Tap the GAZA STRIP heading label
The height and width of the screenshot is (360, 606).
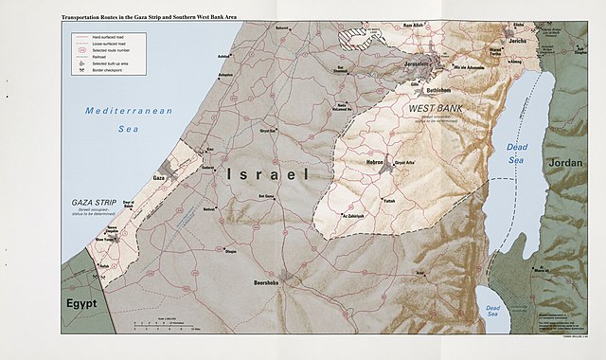(x=94, y=204)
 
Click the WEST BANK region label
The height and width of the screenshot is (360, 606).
(x=437, y=110)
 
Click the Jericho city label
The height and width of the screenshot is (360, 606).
(x=519, y=43)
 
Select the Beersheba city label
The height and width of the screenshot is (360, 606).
(x=262, y=282)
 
